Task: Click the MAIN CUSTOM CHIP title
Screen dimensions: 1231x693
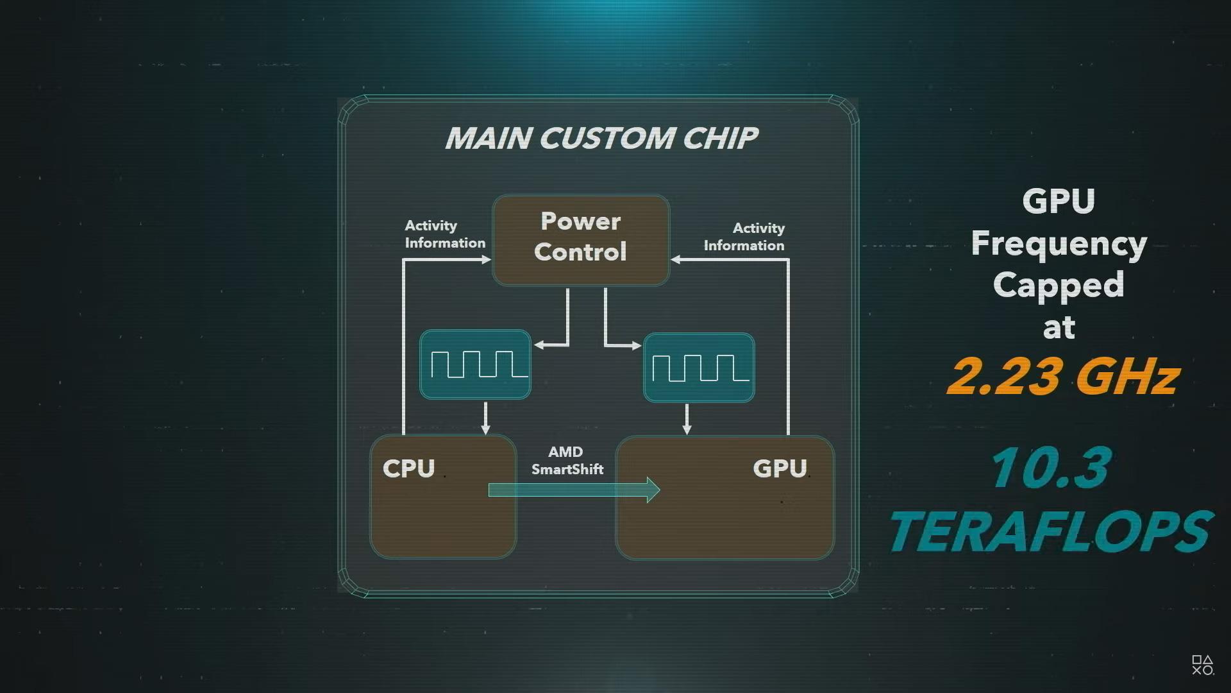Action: coord(601,138)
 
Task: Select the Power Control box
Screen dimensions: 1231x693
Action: coord(581,240)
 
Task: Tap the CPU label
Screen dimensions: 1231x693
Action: coord(408,468)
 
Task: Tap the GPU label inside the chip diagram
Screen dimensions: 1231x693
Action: coord(780,468)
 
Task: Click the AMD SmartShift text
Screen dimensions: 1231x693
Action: coord(567,461)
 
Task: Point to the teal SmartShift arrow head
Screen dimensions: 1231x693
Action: coord(653,490)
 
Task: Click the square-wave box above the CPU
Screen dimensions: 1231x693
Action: coord(475,364)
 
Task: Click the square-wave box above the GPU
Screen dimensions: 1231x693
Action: coord(699,368)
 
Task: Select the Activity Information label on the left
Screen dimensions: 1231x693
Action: coord(445,234)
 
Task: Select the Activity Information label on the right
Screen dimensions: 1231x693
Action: coord(744,237)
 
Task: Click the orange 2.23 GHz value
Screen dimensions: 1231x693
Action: coord(1063,376)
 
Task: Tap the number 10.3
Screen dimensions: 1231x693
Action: coord(1051,468)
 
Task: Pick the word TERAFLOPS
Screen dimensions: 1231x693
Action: coord(1050,531)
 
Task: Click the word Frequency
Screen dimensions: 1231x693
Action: coord(1059,244)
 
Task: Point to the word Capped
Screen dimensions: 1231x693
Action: coord(1059,286)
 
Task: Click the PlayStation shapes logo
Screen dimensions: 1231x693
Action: coord(1203,665)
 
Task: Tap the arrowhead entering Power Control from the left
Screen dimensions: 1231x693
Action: coord(487,260)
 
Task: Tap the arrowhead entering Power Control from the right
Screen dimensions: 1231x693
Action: coord(676,260)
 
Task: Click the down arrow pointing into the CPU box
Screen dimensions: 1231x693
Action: coord(485,418)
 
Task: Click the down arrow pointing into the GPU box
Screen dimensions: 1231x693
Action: coord(687,419)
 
